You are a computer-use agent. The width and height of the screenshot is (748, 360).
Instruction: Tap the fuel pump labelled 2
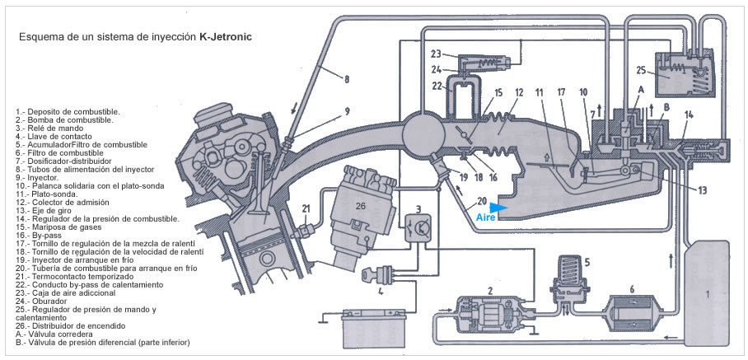[x=492, y=311]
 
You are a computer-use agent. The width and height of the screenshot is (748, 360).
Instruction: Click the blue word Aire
[x=485, y=217]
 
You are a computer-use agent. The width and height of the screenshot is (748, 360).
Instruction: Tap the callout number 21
[x=306, y=208]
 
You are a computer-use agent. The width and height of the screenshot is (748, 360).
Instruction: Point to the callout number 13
[x=701, y=190]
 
